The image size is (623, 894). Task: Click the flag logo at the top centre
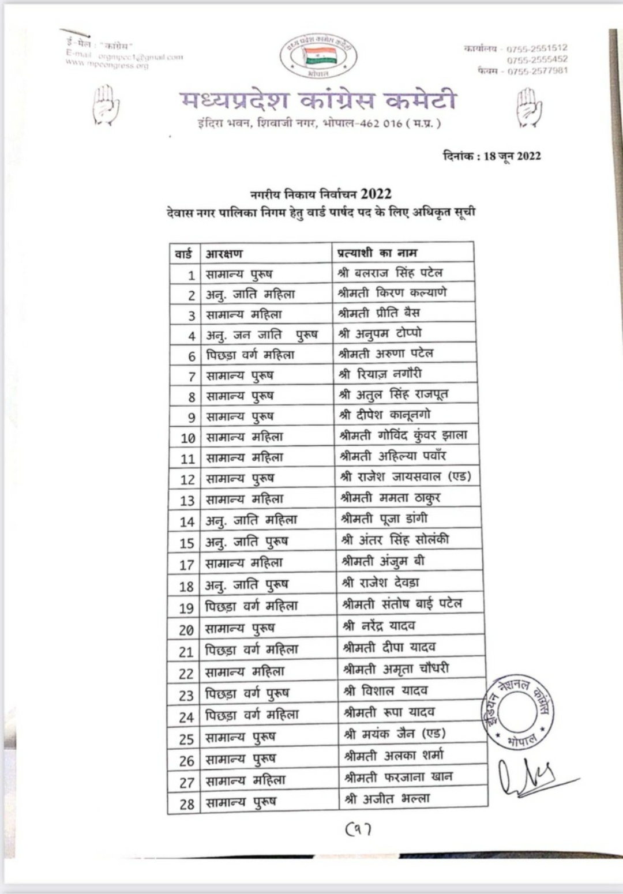[318, 55]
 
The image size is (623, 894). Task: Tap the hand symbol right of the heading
[528, 107]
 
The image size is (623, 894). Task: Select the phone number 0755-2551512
[536, 48]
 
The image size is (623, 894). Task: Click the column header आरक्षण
[224, 253]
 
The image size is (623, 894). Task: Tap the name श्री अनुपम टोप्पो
[380, 333]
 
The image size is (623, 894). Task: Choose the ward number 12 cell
[187, 479]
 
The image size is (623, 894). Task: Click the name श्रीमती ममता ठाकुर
[390, 497]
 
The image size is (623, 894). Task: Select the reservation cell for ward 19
[252, 606]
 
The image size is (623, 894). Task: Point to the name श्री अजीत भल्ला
[387, 799]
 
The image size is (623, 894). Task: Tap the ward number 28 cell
[186, 803]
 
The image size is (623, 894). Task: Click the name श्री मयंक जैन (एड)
[395, 734]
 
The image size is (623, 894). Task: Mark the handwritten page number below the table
[358, 829]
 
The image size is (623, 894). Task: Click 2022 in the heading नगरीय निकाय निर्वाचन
[376, 194]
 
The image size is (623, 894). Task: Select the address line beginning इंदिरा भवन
[319, 123]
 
